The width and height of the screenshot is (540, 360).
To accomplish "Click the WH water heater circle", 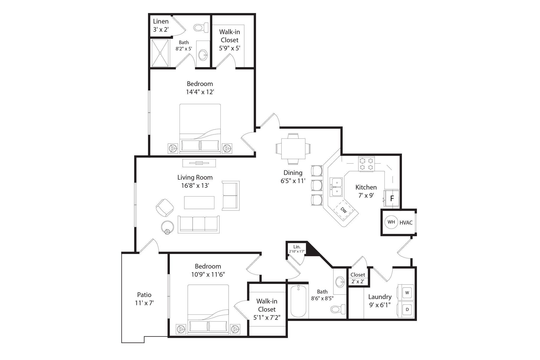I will click(x=391, y=222).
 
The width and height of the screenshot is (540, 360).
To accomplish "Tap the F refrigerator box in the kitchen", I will click(x=392, y=199).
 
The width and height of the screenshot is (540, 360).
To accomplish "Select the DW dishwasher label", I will click(x=344, y=210).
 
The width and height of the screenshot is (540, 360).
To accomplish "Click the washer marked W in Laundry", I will click(x=407, y=292).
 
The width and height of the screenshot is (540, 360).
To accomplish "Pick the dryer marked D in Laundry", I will click(x=407, y=309).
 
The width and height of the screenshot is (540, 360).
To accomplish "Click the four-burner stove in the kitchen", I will click(x=366, y=164).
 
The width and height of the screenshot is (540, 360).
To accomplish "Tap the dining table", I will click(x=293, y=148).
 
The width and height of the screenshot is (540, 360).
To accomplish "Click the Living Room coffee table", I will click(x=199, y=203).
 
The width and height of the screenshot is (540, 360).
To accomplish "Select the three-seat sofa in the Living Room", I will click(x=199, y=224).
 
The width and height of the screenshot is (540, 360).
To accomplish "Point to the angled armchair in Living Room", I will click(x=165, y=208).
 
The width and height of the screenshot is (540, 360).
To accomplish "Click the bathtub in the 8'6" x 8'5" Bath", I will click(x=300, y=301).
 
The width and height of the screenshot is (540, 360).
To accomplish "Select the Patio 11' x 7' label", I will click(x=144, y=299).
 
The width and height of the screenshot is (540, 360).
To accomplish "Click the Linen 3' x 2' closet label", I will click(x=161, y=25).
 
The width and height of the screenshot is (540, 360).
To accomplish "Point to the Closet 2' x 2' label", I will click(x=358, y=278).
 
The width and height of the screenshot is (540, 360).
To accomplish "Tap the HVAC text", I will click(x=406, y=223).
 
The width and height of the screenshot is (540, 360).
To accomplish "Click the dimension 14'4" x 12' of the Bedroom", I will click(x=200, y=92).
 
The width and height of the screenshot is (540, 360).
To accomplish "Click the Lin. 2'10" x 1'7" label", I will click(x=297, y=249).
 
